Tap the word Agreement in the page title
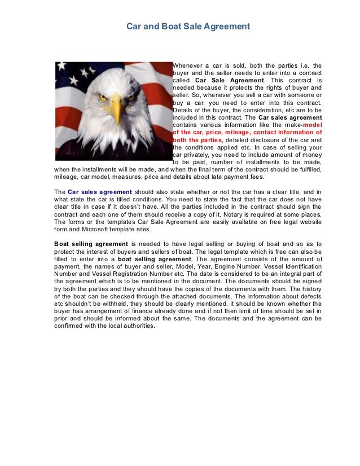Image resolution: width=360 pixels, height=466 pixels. coord(227,27)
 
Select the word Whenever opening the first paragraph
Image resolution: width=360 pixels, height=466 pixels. coord(190,66)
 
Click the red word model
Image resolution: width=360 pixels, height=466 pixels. coord(312,125)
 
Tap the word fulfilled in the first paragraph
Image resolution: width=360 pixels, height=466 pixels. coord(307,169)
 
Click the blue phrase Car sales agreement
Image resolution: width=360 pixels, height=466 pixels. coord(99,192)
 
